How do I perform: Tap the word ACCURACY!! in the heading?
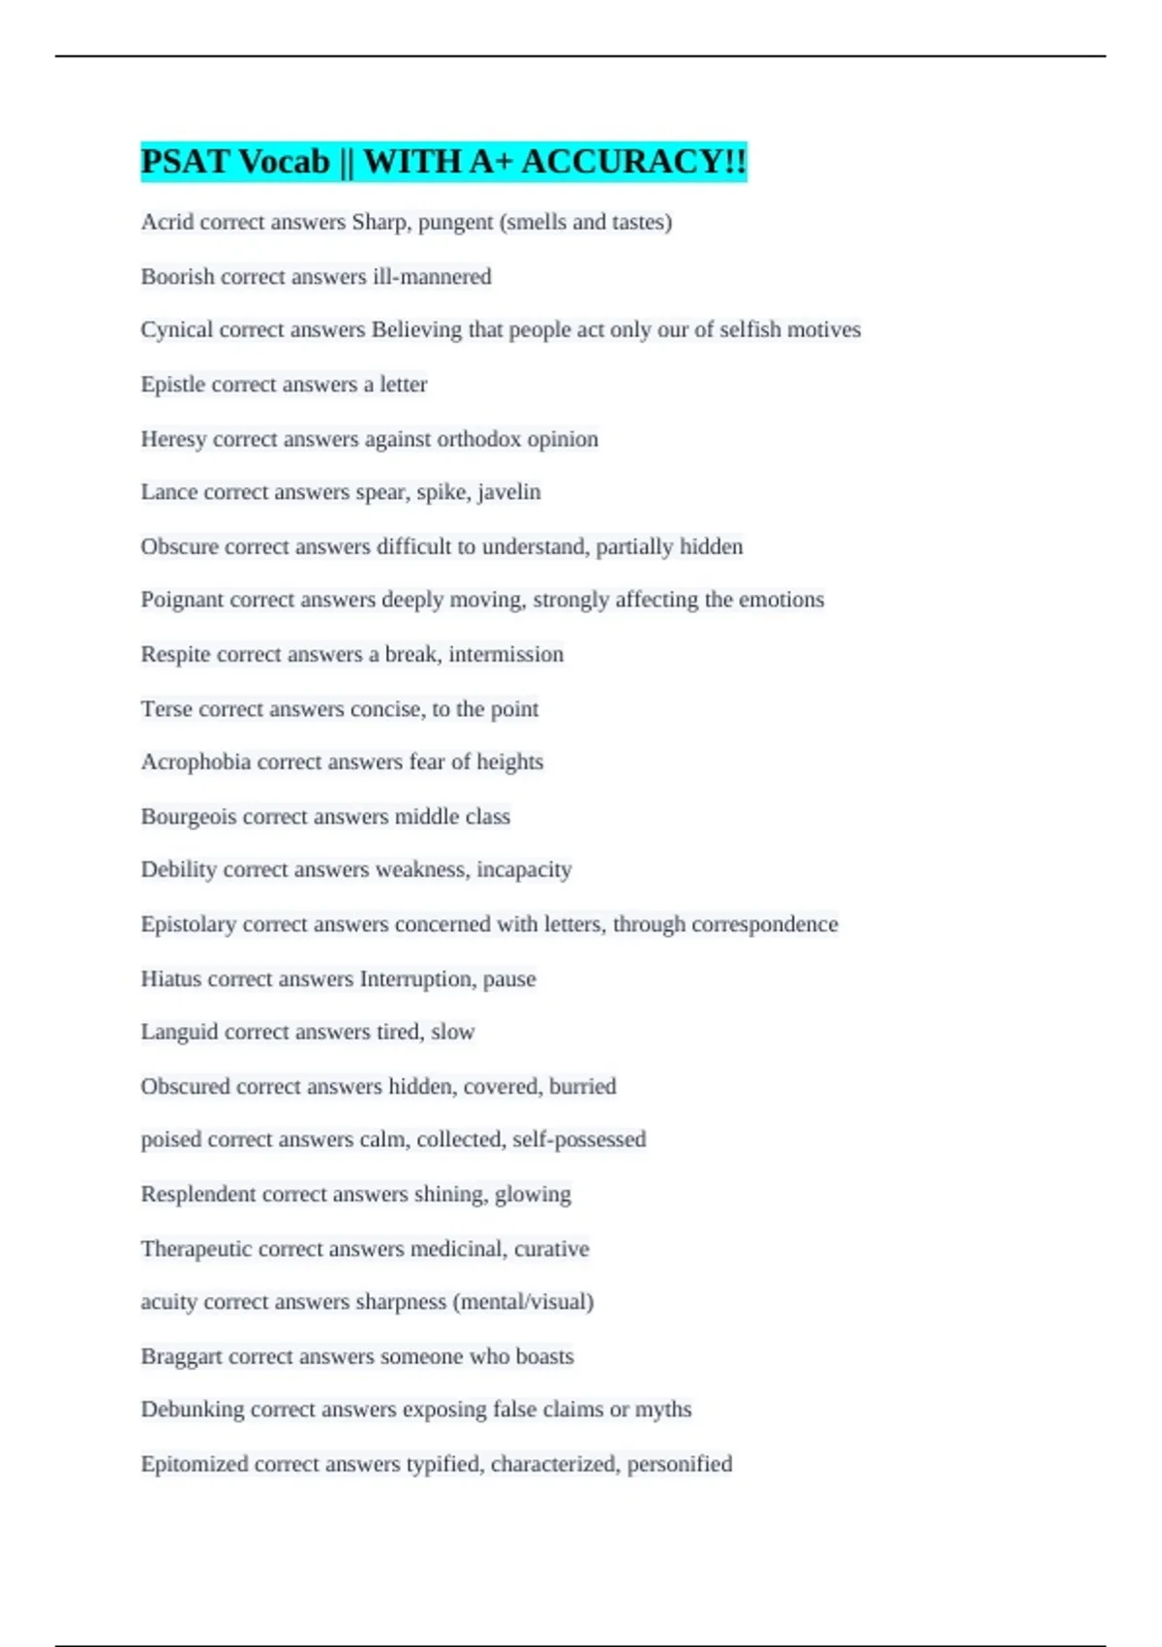pos(634,162)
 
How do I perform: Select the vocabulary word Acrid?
pos(167,222)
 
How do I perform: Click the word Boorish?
pos(177,277)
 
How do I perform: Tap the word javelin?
pos(509,492)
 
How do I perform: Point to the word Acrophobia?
pos(196,762)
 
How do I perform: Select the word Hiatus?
pos(170,979)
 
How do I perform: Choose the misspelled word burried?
pos(583,1086)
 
